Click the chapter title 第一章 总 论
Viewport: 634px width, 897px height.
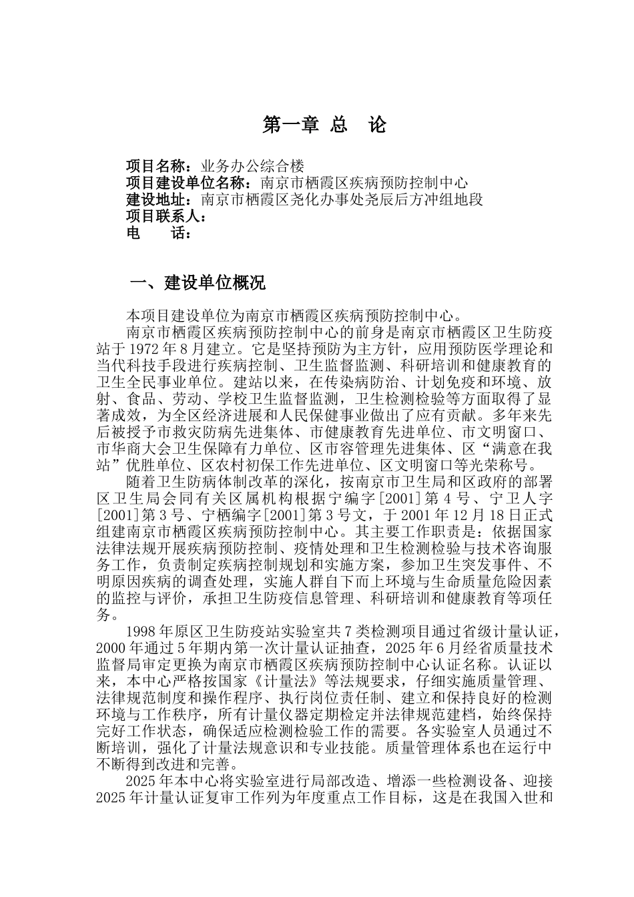click(x=324, y=125)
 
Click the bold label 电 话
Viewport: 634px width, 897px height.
click(x=157, y=233)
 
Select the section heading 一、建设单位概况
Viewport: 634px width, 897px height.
click(x=198, y=283)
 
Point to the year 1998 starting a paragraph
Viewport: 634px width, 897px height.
click(x=140, y=632)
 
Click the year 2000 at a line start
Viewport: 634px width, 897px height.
click(x=111, y=649)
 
